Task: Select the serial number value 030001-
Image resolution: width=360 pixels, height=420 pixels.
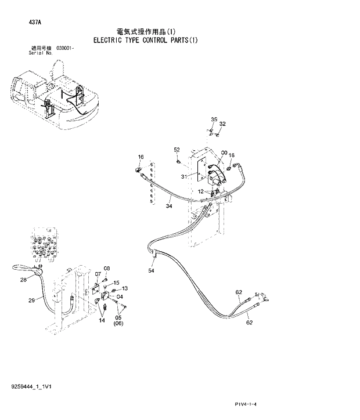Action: click(x=65, y=49)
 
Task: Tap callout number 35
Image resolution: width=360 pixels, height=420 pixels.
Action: click(x=214, y=120)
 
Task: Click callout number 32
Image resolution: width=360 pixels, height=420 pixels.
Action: click(x=222, y=124)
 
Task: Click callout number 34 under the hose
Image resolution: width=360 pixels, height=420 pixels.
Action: click(x=168, y=205)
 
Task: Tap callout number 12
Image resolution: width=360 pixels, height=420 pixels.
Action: click(x=200, y=191)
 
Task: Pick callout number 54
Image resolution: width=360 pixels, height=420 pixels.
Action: click(x=152, y=270)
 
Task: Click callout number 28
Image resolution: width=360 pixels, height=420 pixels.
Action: click(x=23, y=280)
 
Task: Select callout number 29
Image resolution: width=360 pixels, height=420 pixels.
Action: click(x=32, y=300)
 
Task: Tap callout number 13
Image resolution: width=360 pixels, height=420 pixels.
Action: click(x=124, y=288)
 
